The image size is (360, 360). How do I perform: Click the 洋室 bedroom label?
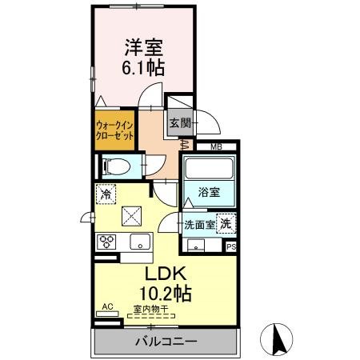click(144, 47)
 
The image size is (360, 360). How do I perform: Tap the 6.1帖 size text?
click(143, 68)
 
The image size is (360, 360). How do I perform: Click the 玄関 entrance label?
click(180, 123)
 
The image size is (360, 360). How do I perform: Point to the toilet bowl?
click(117, 167)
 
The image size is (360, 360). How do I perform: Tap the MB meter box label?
click(216, 146)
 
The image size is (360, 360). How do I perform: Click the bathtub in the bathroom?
click(209, 169)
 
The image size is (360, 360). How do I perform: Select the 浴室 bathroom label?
click(209, 192)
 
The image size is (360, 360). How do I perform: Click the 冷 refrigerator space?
click(106, 194)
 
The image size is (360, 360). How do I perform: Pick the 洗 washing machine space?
click(226, 223)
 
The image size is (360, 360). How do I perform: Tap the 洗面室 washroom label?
click(199, 225)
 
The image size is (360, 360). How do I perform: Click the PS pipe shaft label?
click(231, 247)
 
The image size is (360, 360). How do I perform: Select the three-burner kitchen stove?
click(106, 242)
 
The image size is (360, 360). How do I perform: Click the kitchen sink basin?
click(140, 242)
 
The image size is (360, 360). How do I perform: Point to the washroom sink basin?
click(196, 246)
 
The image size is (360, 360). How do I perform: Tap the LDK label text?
click(165, 274)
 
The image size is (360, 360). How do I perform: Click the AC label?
click(108, 306)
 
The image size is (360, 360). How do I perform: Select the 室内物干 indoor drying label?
click(151, 310)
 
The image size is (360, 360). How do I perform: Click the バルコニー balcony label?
click(166, 342)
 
